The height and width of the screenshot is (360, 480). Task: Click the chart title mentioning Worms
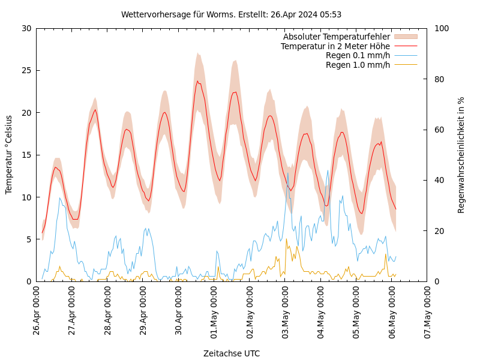(x=231, y=14)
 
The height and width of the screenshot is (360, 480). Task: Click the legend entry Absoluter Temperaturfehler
(x=337, y=37)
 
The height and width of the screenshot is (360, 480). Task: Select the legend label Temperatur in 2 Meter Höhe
(x=335, y=46)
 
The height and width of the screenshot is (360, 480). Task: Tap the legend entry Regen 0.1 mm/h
(x=358, y=55)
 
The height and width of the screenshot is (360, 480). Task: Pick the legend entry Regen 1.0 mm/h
(x=358, y=64)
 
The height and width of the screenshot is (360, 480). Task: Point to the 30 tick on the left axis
(x=26, y=28)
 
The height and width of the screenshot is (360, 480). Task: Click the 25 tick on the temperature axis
(x=26, y=70)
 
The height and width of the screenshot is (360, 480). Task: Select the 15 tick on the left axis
(x=26, y=155)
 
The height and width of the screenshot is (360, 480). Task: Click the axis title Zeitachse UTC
(x=232, y=353)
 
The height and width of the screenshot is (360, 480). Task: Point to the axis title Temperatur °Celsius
(x=9, y=155)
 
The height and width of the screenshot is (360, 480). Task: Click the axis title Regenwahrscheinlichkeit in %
(x=461, y=155)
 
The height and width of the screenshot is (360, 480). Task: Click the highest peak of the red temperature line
(x=197, y=82)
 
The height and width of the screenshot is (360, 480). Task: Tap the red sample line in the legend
(x=406, y=46)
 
